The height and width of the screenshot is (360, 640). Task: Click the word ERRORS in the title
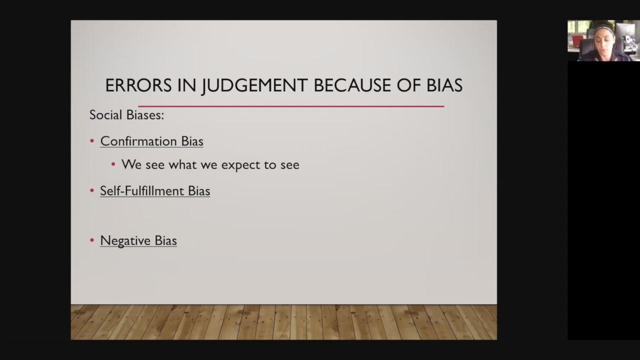pos(138,85)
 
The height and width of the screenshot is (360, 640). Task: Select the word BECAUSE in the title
pos(352,85)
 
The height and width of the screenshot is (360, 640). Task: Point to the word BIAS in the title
pos(444,85)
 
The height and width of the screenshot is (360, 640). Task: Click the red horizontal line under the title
pos(291,106)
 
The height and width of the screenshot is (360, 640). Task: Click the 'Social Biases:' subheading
pos(127,115)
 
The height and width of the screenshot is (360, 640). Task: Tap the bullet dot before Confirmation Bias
pos(92,140)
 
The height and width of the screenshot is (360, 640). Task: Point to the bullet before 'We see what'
pos(113,164)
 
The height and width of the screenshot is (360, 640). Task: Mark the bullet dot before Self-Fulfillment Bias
pos(92,190)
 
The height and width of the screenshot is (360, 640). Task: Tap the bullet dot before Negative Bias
pos(92,240)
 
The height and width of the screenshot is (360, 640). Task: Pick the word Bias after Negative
pos(165,240)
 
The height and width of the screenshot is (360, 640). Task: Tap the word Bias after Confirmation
pos(192,141)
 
